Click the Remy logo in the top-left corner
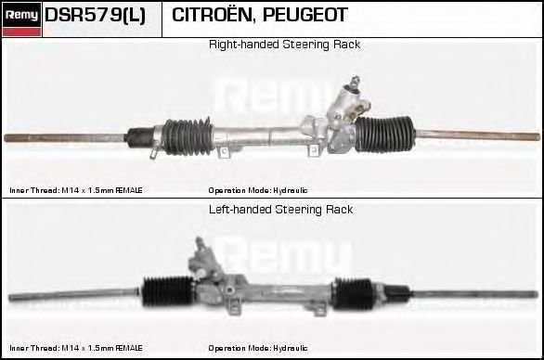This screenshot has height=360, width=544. [x=20, y=19]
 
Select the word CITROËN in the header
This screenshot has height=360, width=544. [x=210, y=16]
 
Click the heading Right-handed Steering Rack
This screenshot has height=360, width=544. [x=284, y=45]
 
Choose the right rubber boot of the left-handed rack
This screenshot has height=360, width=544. [x=356, y=294]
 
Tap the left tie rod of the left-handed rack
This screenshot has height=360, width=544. [x=74, y=297]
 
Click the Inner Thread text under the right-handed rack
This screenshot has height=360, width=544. [x=76, y=190]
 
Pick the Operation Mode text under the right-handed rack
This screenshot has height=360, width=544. [x=258, y=190]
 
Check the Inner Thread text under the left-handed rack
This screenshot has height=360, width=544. [x=76, y=348]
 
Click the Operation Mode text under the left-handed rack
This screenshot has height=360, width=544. [x=258, y=348]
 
